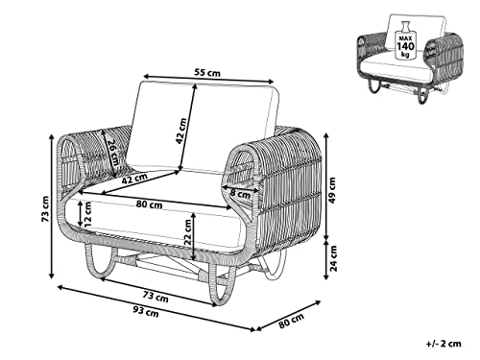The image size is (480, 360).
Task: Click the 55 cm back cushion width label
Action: (x=207, y=73)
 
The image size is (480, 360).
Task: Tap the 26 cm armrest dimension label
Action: (x=112, y=153)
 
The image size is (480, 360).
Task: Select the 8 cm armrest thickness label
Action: (x=240, y=194)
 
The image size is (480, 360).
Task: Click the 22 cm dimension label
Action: (x=188, y=232)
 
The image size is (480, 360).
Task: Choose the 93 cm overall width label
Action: (x=146, y=311)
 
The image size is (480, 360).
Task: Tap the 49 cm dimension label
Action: (x=332, y=190)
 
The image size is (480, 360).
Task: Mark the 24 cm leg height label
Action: (x=333, y=258)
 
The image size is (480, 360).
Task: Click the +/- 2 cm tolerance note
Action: (x=444, y=344)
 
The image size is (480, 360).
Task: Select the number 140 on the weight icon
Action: (x=405, y=46)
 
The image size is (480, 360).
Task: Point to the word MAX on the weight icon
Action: (x=405, y=37)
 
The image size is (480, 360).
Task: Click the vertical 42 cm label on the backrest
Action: (x=181, y=131)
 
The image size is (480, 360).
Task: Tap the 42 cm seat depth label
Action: (x=134, y=179)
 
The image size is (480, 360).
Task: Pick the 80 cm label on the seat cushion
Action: (x=149, y=204)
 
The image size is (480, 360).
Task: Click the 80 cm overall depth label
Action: (x=291, y=321)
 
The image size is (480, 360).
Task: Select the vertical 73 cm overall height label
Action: (x=45, y=209)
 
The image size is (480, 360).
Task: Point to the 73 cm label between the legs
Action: (x=156, y=297)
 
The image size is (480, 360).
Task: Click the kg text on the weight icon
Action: (x=405, y=54)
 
